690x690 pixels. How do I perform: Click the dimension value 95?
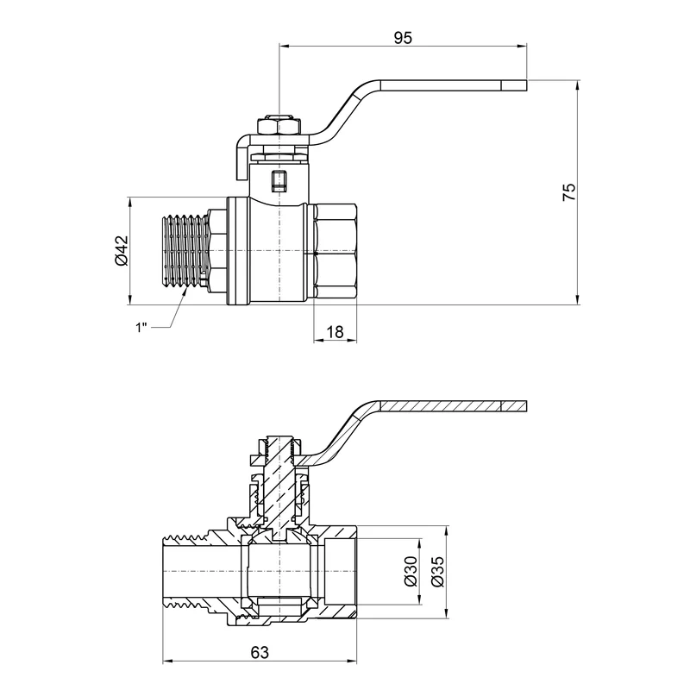pos(403,38)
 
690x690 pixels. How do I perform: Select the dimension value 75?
pos(569,191)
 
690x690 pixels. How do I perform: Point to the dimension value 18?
pos(335,331)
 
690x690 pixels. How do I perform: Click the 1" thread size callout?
pos(141,328)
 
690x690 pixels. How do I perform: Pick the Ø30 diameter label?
pos(410,571)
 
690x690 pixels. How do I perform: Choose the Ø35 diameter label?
pos(438,571)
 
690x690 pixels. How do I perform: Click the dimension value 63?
pos(260,652)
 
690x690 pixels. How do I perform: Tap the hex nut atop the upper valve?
pos(279,125)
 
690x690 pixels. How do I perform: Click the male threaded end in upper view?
pos(185,251)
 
